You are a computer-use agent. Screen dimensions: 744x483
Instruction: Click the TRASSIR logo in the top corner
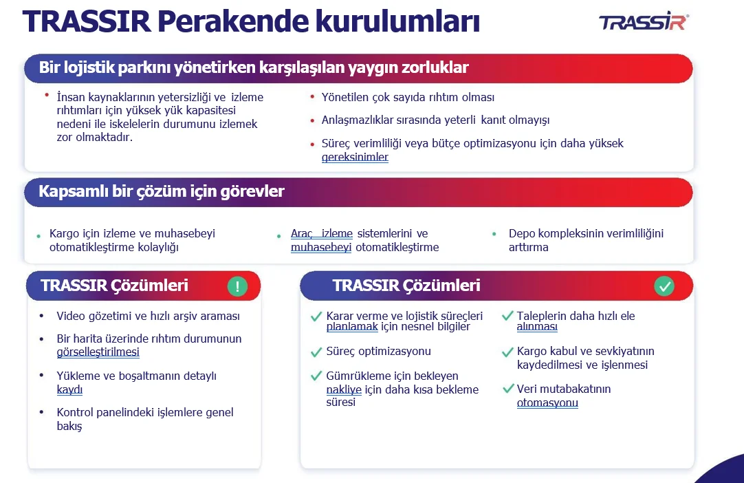point(644,21)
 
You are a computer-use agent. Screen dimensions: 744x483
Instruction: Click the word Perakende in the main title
point(232,21)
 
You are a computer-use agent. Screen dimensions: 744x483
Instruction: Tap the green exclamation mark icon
point(237,286)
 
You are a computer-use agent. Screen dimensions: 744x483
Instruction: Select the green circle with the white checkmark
point(664,286)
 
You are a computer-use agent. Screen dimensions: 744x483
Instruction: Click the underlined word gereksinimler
point(355,157)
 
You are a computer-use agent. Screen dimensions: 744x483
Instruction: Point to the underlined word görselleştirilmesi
point(98,352)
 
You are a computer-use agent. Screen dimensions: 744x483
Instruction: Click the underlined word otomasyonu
point(547,402)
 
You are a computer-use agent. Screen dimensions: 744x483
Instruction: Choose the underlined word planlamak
point(352,326)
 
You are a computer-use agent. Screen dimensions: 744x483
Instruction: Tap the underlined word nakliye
point(344,389)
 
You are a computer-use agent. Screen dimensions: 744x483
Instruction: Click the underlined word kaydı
point(69,389)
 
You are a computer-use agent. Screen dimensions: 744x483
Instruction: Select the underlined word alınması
point(537,326)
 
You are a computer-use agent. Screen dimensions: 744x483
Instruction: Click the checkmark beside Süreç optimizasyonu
point(316,352)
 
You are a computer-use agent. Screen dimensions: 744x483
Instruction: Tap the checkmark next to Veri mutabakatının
point(508,389)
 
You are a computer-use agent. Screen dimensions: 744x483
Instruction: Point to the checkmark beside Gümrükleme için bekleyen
point(316,376)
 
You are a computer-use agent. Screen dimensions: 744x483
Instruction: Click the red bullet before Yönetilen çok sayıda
point(311,97)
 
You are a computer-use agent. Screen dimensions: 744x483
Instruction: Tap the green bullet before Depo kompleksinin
point(494,234)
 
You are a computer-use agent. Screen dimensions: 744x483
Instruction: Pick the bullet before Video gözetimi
point(42,316)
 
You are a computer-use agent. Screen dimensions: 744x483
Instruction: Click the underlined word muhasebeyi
point(321,248)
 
